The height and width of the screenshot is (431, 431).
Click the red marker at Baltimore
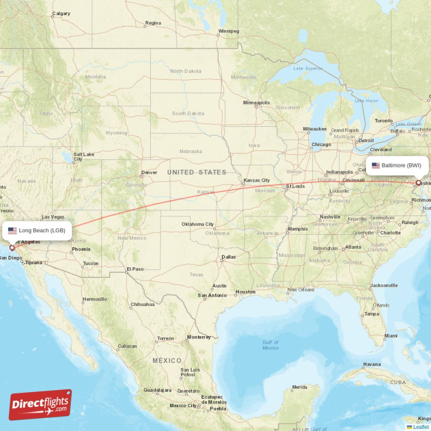pyautogui.click(x=418, y=183)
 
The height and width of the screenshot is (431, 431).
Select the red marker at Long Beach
pyautogui.click(x=12, y=248)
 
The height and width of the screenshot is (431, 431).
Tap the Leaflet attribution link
pyautogui.click(x=421, y=427)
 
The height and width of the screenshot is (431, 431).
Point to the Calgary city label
pyautogui.click(x=61, y=13)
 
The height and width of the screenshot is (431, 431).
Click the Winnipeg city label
pyautogui.click(x=228, y=31)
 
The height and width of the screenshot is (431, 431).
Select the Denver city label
pyautogui.click(x=149, y=172)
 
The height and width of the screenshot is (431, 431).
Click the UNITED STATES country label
pyautogui.click(x=197, y=172)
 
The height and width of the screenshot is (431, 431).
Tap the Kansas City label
pyautogui.click(x=256, y=180)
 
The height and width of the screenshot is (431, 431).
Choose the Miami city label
pyautogui.click(x=391, y=336)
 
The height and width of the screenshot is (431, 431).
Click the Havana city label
pyautogui.click(x=372, y=364)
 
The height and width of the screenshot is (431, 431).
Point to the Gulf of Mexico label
pyautogui.click(x=270, y=345)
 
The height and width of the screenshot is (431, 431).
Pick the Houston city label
pyautogui.click(x=245, y=292)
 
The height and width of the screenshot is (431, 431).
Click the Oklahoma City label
pyautogui.click(x=197, y=224)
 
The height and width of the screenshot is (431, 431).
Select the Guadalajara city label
pyautogui.click(x=157, y=390)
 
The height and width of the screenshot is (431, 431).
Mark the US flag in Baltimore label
pyautogui.click(x=376, y=165)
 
